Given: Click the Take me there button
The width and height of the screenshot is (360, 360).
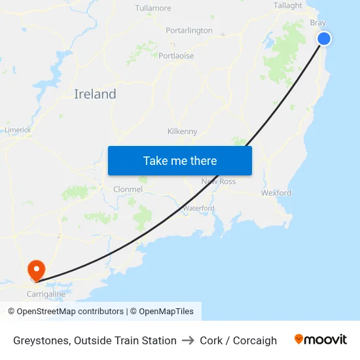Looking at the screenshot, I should tap(180, 160).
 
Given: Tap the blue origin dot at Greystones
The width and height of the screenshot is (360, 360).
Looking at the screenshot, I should tap(323, 39).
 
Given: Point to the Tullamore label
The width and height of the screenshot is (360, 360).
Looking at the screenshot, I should tap(153, 9).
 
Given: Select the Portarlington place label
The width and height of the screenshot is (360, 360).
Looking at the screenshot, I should tap(189, 31).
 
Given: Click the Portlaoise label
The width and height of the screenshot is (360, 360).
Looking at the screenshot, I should tap(176, 56).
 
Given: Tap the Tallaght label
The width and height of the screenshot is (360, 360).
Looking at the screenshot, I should tap(288, 6).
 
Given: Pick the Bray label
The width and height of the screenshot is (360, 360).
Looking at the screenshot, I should tap(317, 22).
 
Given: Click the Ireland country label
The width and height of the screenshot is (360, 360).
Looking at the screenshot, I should tap(95, 94).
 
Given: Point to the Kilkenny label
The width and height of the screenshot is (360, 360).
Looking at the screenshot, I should tap(182, 132).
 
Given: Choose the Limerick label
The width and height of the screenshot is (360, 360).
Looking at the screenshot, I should tap(18, 130).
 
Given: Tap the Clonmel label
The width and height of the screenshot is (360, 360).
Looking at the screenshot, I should tap(128, 189).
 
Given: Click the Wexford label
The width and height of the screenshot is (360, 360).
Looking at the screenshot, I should tap(276, 193).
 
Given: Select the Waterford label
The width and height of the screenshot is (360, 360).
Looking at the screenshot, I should tap(198, 208).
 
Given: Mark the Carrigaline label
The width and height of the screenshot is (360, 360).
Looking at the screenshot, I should tap(46, 295).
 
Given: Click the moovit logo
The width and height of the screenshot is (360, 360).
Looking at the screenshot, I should tap(321, 340).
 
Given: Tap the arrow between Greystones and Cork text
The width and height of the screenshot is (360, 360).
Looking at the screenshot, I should tap(189, 340).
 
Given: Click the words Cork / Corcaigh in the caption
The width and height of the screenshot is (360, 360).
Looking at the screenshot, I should tap(238, 340).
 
